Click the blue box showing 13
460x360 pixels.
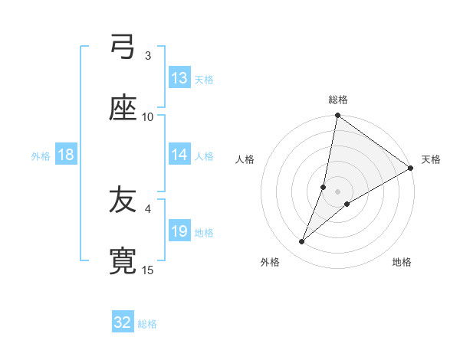179,78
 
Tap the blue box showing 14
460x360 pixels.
179,155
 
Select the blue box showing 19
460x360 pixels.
179,231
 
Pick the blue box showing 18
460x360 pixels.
66,155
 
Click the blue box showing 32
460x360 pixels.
123,322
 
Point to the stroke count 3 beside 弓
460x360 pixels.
148,56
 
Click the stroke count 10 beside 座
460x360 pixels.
148,117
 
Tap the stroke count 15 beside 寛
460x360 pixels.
148,270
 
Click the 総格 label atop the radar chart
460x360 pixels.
338,100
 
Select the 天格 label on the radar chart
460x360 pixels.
431,159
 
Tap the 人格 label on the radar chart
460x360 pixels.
245,159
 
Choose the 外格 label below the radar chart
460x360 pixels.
270,262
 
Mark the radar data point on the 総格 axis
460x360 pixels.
337,116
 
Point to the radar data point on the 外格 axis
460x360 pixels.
302,242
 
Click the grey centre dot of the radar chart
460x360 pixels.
338,191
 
